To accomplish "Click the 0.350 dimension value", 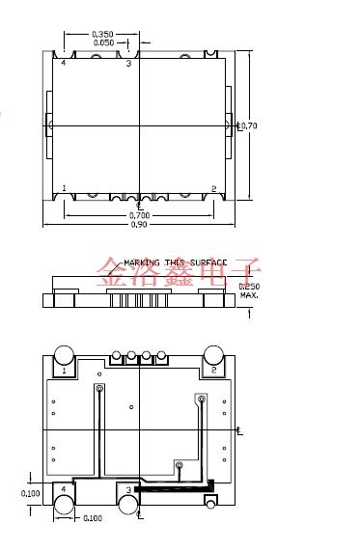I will coord(102,34).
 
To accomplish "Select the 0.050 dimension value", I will coord(103,42).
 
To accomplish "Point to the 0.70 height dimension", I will coord(248,125).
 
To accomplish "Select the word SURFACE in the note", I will coord(208,262).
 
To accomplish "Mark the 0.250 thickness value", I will coord(249,287).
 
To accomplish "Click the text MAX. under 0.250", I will coord(249,296).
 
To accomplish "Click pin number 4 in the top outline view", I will coord(64,63).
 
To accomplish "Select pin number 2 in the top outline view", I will coord(213,188).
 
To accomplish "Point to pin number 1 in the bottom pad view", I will coord(64,370).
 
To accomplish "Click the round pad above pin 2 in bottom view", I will coord(213,354).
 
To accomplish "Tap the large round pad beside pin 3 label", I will coord(128,506).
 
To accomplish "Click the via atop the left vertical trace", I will coord(98,389).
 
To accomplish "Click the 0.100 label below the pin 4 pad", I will coord(91,519).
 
